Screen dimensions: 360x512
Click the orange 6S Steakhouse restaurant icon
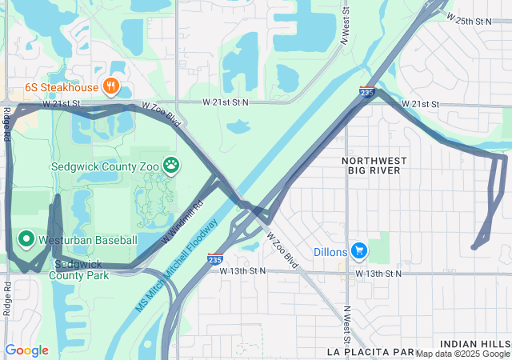coord(111,86)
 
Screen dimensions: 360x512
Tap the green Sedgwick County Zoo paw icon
coord(171,166)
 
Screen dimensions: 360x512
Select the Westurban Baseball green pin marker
coord(26,239)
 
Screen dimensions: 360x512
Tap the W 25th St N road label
coord(471,18)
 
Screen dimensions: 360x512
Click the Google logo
coord(26,350)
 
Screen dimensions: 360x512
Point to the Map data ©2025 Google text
coord(462,354)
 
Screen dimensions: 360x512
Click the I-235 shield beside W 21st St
coord(366,94)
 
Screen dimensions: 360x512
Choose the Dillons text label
coord(330,252)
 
